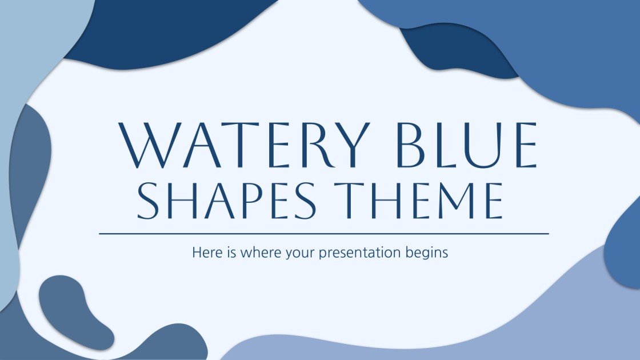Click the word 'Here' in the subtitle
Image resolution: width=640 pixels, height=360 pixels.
(x=205, y=252)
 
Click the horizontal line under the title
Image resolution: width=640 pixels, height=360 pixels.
(x=323, y=234)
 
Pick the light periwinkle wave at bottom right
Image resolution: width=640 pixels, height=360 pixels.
(x=457, y=326)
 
